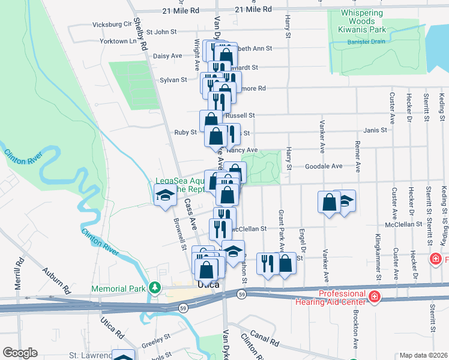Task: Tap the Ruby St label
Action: point(185,132)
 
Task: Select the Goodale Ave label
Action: point(324,166)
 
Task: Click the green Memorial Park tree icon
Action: point(155,289)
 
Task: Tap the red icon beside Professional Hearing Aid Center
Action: point(374,296)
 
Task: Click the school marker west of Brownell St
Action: point(164,196)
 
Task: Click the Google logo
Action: point(20,353)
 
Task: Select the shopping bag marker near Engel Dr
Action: point(286,262)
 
